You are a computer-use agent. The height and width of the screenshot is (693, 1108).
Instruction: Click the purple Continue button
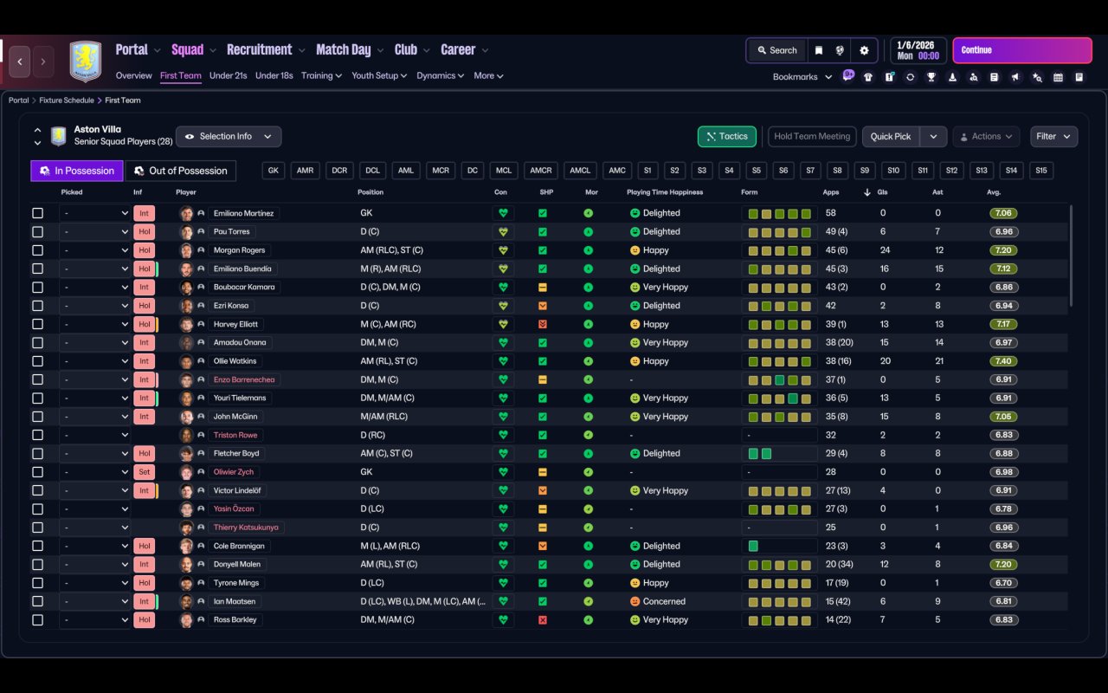[1021, 50]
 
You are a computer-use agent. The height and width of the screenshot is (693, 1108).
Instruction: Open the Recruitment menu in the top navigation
[259, 50]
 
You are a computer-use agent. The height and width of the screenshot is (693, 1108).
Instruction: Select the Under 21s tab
[229, 75]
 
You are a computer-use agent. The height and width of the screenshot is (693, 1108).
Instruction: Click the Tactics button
[726, 136]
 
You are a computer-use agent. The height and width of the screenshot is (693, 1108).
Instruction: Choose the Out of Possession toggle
[180, 171]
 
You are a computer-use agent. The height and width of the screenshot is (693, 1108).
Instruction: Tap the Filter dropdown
[1053, 136]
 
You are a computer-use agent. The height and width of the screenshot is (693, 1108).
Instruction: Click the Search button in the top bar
[776, 50]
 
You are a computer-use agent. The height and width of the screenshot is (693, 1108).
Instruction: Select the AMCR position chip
[540, 171]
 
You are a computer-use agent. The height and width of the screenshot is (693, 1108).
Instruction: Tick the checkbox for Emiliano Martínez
[37, 213]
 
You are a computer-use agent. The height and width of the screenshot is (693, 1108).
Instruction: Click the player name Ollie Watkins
[235, 361]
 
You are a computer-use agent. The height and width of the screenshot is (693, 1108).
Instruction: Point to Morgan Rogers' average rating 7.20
[1003, 250]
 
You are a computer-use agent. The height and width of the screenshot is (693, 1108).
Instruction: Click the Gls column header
[883, 192]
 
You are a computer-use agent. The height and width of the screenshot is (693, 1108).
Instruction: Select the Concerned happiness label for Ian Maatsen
[664, 601]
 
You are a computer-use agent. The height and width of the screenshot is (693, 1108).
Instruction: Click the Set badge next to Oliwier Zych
[144, 472]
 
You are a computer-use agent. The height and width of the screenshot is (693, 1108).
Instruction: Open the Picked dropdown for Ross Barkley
[94, 620]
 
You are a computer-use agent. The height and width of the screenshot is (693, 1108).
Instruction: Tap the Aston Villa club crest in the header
[85, 62]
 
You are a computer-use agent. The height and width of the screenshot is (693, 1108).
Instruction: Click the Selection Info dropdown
[229, 136]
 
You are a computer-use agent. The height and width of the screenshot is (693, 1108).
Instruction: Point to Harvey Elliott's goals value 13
[884, 324]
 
